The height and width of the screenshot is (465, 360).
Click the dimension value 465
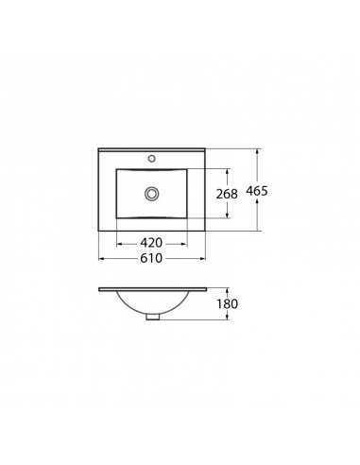click(257, 191)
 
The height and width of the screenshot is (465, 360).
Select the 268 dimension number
click(227, 194)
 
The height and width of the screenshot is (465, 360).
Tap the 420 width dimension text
click(151, 243)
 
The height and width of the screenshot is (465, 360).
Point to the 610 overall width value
click(151, 258)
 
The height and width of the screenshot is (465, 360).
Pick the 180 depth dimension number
click(227, 304)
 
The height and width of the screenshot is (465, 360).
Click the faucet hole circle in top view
click(152, 159)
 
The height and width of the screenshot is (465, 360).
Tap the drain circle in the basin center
click(152, 194)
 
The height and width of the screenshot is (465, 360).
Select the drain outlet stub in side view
click(152, 318)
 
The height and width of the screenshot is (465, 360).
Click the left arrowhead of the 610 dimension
click(101, 259)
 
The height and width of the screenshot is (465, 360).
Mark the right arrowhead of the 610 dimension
click(202, 259)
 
